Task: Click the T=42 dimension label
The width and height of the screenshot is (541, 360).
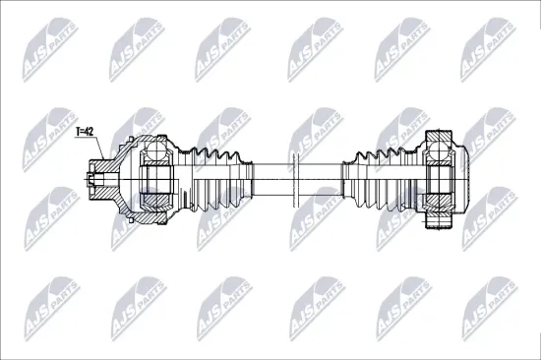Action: [x=85, y=131]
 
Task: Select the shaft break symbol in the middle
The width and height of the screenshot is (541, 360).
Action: [x=295, y=180]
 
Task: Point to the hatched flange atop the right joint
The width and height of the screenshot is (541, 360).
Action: [x=439, y=136]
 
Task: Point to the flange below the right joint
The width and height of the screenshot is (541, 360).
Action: [x=439, y=221]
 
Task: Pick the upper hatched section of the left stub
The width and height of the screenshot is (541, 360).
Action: [x=103, y=167]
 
